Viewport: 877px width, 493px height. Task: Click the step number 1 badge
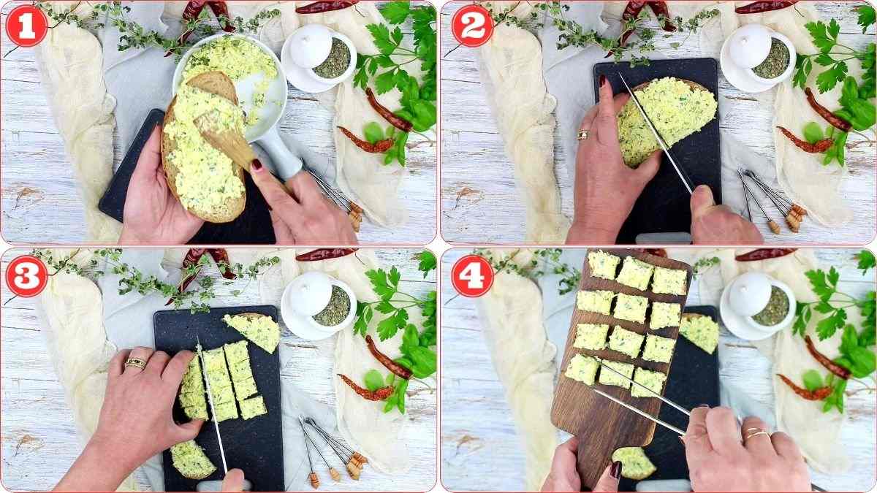[27, 26]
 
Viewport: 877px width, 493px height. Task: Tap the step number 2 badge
[472, 26]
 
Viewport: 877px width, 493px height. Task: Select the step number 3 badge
[27, 276]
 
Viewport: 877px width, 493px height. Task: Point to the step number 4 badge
[472, 276]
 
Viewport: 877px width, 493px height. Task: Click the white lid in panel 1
[311, 45]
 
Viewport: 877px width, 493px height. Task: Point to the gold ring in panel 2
[583, 135]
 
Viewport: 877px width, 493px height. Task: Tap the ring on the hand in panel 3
[135, 362]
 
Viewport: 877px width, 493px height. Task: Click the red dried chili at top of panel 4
[765, 255]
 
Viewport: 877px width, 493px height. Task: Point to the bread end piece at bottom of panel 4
[634, 462]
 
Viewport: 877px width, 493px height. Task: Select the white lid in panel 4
[749, 293]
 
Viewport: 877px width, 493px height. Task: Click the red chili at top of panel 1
[327, 7]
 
